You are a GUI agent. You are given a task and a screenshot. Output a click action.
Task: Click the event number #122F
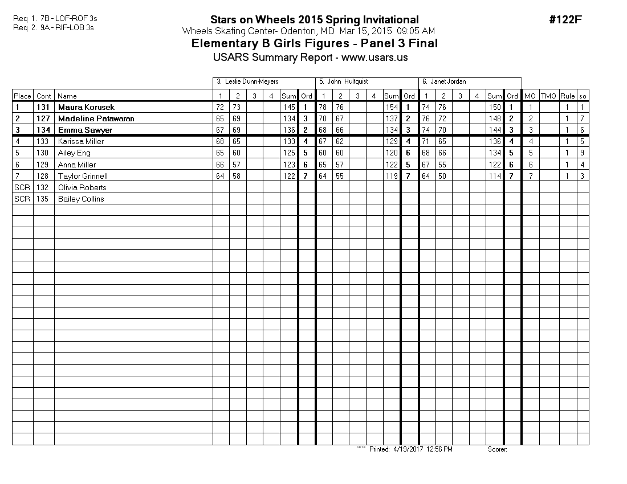click(565, 20)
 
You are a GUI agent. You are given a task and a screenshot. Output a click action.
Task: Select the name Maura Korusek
click(86, 107)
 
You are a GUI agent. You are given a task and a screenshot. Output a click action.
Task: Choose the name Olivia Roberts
click(82, 187)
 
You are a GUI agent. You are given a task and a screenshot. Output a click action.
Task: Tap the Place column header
click(22, 96)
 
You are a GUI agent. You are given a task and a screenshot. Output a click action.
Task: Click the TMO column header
click(548, 96)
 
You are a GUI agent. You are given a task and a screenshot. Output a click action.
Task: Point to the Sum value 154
click(392, 107)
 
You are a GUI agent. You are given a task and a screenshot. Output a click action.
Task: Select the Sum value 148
click(495, 118)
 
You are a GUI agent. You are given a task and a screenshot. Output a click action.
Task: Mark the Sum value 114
click(495, 176)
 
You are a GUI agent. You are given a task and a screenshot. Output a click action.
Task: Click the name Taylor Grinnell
click(83, 176)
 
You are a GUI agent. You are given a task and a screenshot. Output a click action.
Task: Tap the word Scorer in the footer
click(497, 449)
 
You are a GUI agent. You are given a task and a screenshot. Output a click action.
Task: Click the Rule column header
click(567, 96)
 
